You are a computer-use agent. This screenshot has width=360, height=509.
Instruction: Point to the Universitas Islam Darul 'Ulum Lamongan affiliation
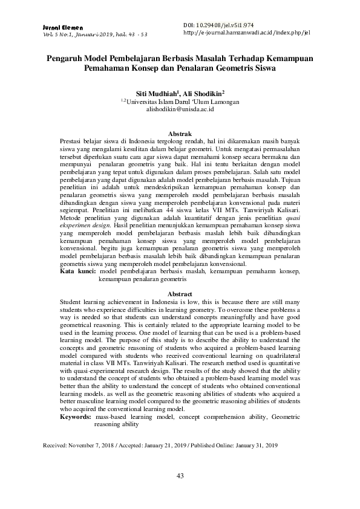180,103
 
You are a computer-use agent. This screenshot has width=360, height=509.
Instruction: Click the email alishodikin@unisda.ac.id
180,111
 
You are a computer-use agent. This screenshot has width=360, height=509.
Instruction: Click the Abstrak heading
180,132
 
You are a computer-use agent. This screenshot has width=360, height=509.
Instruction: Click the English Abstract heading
180,293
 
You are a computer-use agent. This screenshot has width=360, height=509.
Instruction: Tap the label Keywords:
76,417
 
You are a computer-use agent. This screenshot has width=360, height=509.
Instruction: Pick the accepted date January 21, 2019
175,445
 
